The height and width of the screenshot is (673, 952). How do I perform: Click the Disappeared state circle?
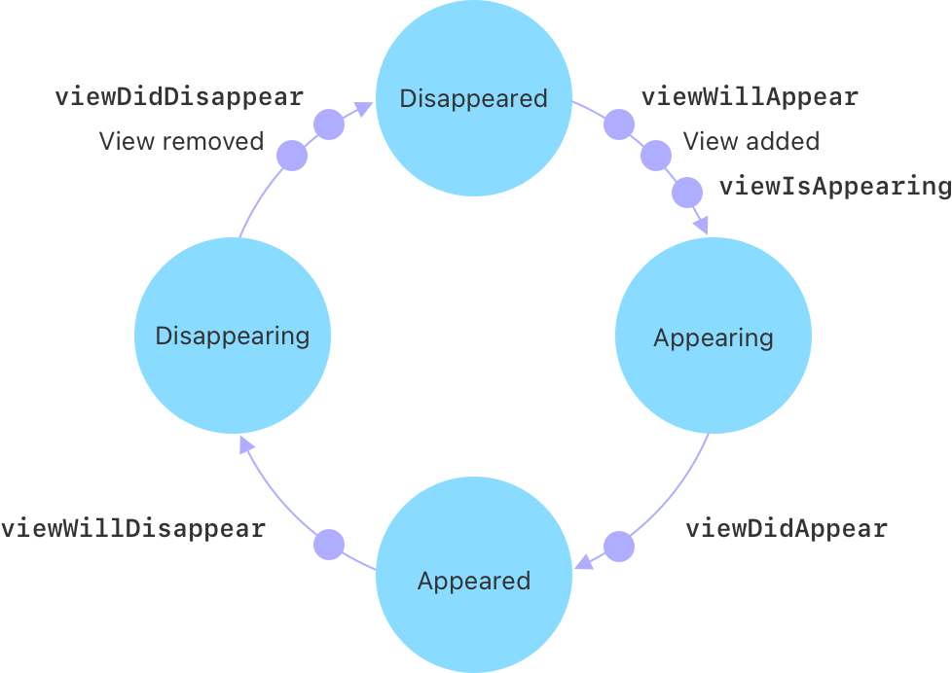pyautogui.click(x=474, y=98)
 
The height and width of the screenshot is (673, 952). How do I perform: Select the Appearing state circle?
pyautogui.click(x=714, y=336)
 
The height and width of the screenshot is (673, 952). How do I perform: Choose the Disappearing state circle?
pyautogui.click(x=233, y=336)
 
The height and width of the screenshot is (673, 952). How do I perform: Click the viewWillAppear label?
pyautogui.click(x=750, y=97)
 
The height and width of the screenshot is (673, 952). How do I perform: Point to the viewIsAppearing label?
pyautogui.click(x=834, y=186)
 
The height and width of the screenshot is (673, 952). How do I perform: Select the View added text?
pyautogui.click(x=751, y=141)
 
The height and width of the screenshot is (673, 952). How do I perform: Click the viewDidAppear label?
pyautogui.click(x=787, y=529)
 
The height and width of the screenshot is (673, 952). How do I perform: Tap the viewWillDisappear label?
pyautogui.click(x=133, y=529)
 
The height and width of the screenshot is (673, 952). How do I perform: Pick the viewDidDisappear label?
pyautogui.click(x=179, y=97)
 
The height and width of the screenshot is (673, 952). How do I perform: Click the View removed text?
pyautogui.click(x=181, y=141)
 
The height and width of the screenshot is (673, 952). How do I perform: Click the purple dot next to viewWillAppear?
pyautogui.click(x=619, y=124)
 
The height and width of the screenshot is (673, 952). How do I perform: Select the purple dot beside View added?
pyautogui.click(x=656, y=156)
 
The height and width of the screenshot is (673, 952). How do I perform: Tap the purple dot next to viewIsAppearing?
pyautogui.click(x=687, y=193)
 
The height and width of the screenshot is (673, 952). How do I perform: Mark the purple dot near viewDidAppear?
pyautogui.click(x=619, y=547)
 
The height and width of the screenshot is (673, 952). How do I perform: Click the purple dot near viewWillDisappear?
pyautogui.click(x=329, y=545)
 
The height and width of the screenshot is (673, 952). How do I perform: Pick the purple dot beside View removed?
pyautogui.click(x=292, y=156)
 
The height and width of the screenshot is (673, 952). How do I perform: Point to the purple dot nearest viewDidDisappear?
pyautogui.click(x=329, y=124)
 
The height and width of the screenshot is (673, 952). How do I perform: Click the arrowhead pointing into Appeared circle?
pyautogui.click(x=584, y=564)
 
